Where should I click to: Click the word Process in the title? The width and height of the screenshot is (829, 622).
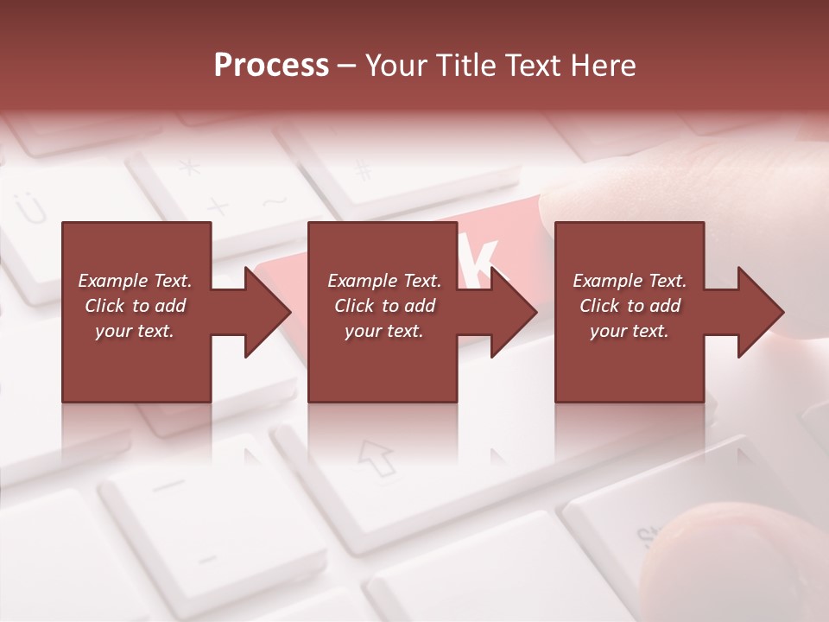(271, 66)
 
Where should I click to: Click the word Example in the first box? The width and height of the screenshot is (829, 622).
(113, 281)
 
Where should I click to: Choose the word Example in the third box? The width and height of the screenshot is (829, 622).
(608, 281)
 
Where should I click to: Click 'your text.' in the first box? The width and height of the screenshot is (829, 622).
(135, 331)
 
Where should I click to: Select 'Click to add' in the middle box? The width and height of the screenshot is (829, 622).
(384, 306)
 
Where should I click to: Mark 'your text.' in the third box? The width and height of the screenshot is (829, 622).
(630, 331)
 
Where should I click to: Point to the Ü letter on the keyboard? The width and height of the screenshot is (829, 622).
(28, 208)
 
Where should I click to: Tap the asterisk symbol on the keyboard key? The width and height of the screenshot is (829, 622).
(188, 167)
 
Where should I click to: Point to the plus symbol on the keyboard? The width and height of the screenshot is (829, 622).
(218, 207)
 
